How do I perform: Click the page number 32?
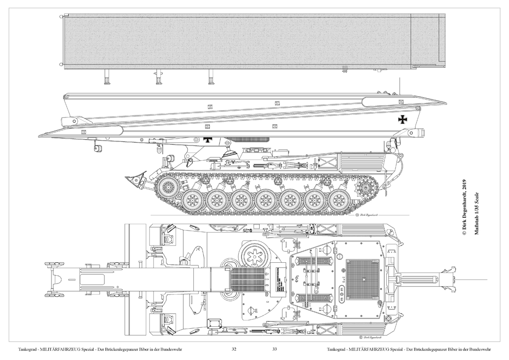[234, 349]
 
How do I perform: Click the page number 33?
[275, 349]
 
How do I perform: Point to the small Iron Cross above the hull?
[208, 141]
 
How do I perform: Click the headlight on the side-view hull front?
[169, 159]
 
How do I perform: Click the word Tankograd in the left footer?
[28, 349]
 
